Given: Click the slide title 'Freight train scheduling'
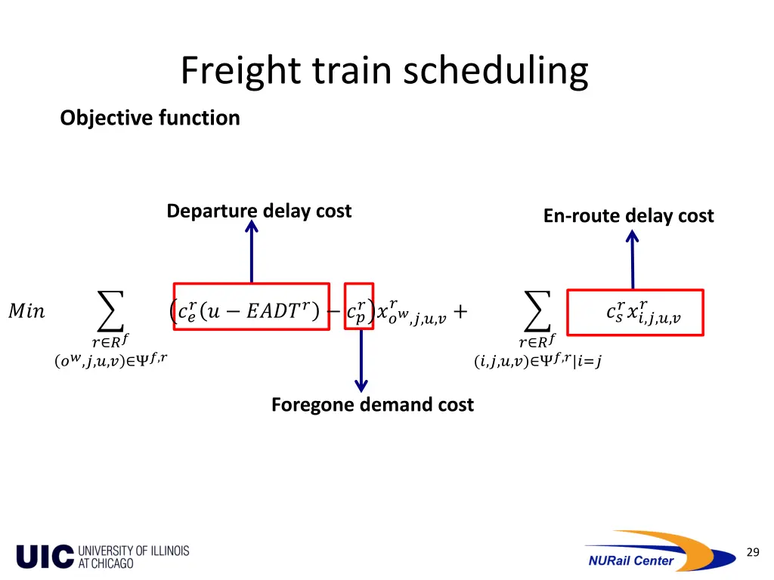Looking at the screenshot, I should [x=384, y=72].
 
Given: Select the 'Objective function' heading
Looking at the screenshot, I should [x=150, y=118].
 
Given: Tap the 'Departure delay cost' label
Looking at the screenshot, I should [x=259, y=211].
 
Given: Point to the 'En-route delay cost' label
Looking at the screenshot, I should [x=628, y=216].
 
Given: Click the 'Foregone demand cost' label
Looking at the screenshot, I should [x=372, y=405].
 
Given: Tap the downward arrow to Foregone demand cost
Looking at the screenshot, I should [x=361, y=362].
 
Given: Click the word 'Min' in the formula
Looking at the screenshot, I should [x=26, y=311].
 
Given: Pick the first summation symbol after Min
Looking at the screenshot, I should [x=110, y=310].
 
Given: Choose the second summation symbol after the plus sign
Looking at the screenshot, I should [x=537, y=310].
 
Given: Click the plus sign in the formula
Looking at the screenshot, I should [x=460, y=311].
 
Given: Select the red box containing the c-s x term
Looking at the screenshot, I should [x=635, y=312].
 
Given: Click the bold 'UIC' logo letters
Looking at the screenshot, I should [x=45, y=557].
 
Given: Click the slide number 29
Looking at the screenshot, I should [x=752, y=553].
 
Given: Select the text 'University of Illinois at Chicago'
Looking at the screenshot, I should [x=134, y=557].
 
